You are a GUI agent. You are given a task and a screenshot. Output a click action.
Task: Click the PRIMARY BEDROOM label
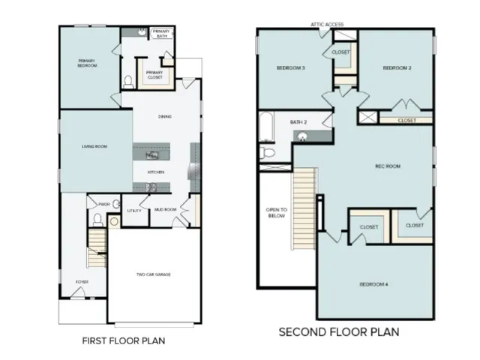click(88, 63)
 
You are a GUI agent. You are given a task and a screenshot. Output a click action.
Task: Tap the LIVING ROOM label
click(93, 146)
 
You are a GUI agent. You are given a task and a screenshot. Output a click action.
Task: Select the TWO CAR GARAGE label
click(153, 274)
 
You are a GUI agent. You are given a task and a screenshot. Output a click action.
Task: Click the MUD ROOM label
click(165, 210)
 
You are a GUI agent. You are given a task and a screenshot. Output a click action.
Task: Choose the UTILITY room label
click(135, 210)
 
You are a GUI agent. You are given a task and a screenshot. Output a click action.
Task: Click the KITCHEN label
click(156, 172)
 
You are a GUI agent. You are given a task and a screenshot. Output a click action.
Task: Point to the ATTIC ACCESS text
click(328, 25)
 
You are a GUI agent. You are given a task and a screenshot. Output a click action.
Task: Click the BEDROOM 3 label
click(291, 67)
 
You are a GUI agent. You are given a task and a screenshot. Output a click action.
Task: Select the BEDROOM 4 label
click(373, 283)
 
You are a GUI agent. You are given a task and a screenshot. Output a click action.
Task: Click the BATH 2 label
click(299, 121)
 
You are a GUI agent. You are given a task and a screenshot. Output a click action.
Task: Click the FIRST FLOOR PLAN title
click(123, 340)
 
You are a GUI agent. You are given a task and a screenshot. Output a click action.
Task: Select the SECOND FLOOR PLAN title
click(338, 331)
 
